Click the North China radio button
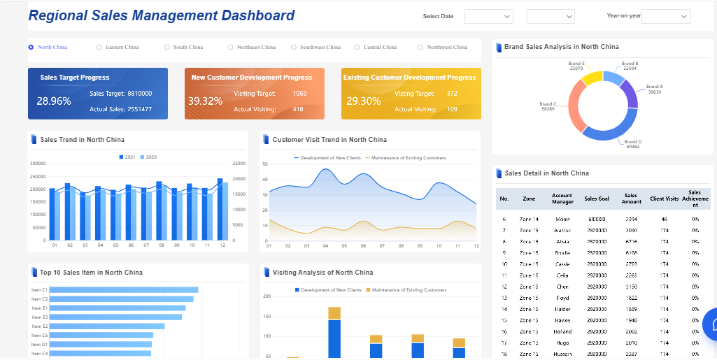pos(31,48)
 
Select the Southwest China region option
pos(294,48)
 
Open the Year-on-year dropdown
pos(665,16)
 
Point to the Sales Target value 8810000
pos(139,93)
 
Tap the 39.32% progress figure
pos(205,101)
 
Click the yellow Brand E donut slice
pos(592,77)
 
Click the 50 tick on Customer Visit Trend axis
pos(265,164)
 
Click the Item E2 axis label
pos(39,326)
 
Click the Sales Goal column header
pos(597,199)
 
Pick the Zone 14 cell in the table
pos(529,219)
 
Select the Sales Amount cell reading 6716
pos(631,241)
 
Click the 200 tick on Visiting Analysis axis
pos(267,296)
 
